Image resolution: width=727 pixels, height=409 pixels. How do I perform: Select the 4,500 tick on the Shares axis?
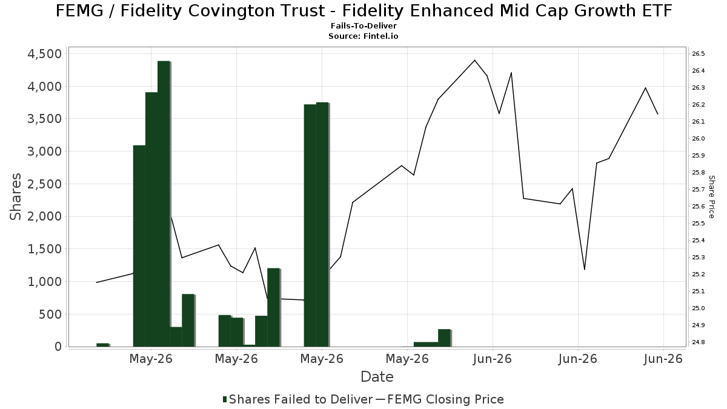click(45, 54)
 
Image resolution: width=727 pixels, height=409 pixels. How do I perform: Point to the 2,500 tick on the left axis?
click(45, 184)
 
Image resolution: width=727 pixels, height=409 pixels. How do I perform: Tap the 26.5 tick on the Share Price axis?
click(699, 53)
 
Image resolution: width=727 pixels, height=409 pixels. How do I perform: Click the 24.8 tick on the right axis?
click(699, 342)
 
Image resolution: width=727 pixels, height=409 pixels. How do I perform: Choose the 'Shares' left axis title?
click(15, 197)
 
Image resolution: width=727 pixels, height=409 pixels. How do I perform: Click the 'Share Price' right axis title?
click(711, 197)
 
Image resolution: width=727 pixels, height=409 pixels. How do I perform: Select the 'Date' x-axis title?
click(377, 377)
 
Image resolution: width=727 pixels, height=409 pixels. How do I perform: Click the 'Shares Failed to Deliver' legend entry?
click(298, 399)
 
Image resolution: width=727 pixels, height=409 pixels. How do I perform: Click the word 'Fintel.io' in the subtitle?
click(380, 36)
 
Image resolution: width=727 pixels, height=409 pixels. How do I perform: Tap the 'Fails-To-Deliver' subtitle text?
click(363, 25)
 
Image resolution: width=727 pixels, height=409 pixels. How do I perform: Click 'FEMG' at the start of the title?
click(79, 11)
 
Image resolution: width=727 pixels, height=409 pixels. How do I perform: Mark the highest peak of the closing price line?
click(474, 60)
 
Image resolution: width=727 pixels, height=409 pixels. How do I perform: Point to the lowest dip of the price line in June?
click(585, 270)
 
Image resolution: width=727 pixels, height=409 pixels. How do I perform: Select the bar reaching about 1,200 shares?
click(274, 307)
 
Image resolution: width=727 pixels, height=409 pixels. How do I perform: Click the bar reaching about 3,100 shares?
click(139, 246)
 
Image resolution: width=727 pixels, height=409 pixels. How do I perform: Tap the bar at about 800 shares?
click(188, 321)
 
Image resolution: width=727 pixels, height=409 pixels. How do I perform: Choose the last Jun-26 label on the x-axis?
click(663, 359)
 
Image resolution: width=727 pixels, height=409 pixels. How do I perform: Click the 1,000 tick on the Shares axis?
click(45, 282)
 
